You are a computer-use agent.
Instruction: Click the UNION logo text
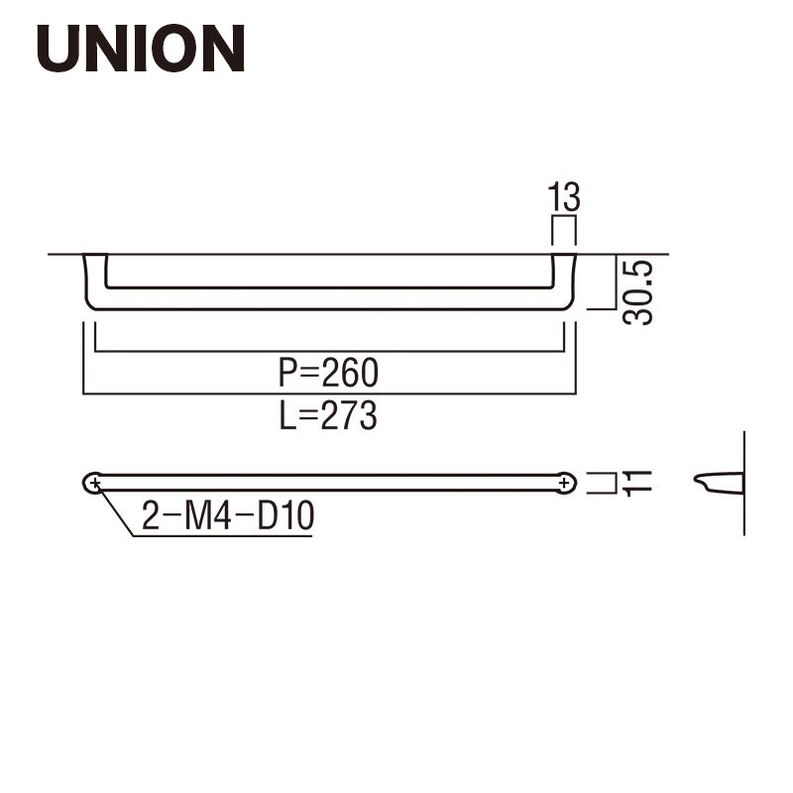click(141, 48)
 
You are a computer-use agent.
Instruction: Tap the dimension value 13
click(564, 196)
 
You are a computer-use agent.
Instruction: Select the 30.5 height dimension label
click(637, 292)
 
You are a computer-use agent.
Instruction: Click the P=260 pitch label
click(328, 373)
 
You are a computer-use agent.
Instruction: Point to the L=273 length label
click(328, 415)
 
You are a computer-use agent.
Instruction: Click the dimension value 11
click(636, 483)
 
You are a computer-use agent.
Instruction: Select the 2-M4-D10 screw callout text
click(228, 515)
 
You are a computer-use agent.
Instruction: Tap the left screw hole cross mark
click(94, 484)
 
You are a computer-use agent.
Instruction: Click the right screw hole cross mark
click(564, 484)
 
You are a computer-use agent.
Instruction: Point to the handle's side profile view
click(718, 482)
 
